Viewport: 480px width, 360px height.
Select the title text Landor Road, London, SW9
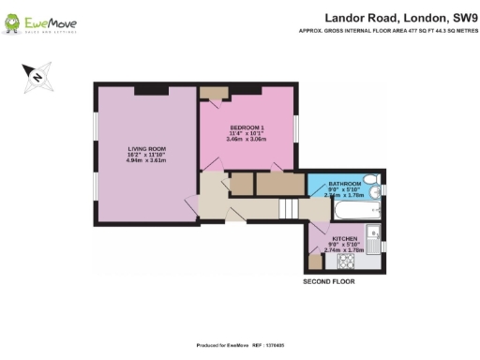[x=395, y=17]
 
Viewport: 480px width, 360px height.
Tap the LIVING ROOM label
[x=146, y=149]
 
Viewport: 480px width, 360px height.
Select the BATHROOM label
[x=344, y=184]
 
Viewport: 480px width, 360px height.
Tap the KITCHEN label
[x=344, y=239]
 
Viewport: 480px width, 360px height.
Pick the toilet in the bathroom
[x=371, y=178]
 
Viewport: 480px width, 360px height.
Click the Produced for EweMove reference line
[x=240, y=345]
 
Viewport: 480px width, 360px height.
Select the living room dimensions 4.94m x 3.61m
[x=146, y=160]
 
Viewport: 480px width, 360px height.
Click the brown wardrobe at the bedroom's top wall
[x=211, y=93]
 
